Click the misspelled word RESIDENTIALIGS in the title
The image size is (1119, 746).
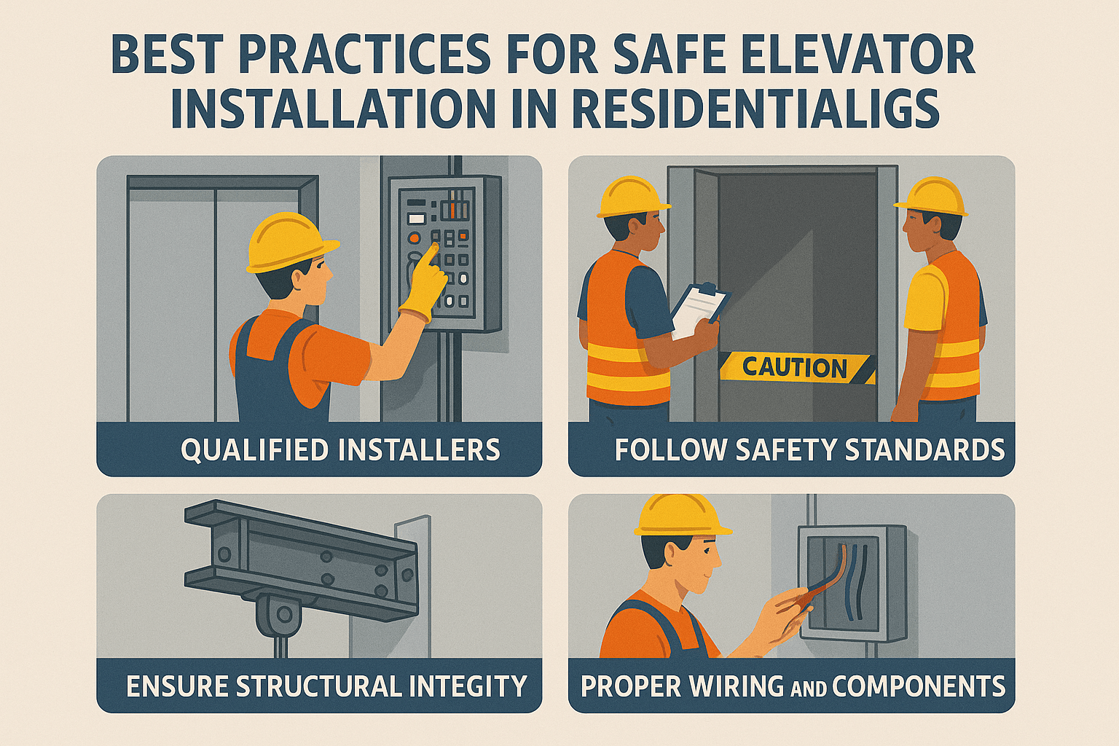tap(755, 110)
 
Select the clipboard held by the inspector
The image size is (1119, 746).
tap(699, 310)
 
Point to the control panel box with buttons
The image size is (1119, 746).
tap(444, 251)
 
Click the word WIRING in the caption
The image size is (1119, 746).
tap(725, 686)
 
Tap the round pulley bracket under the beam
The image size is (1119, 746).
tap(283, 614)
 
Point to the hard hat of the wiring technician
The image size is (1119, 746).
tap(680, 515)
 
